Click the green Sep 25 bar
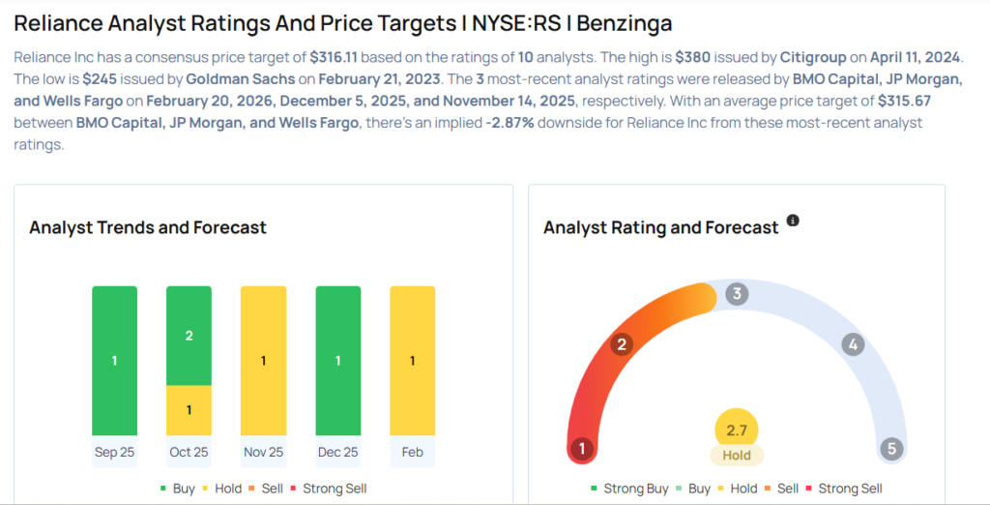click(x=114, y=360)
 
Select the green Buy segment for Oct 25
click(x=189, y=336)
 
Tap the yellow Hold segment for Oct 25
click(x=189, y=410)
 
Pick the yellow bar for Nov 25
click(x=263, y=360)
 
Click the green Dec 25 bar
click(x=337, y=360)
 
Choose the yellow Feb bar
click(x=412, y=360)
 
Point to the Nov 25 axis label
click(x=263, y=452)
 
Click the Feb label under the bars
click(x=412, y=452)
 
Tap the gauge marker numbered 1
click(x=581, y=449)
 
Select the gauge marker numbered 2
click(x=623, y=344)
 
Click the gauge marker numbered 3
click(x=737, y=294)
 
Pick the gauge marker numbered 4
click(x=852, y=344)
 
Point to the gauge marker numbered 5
click(x=891, y=449)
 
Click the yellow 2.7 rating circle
click(x=737, y=431)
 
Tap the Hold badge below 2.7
click(x=737, y=455)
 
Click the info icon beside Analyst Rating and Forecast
click(x=793, y=221)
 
